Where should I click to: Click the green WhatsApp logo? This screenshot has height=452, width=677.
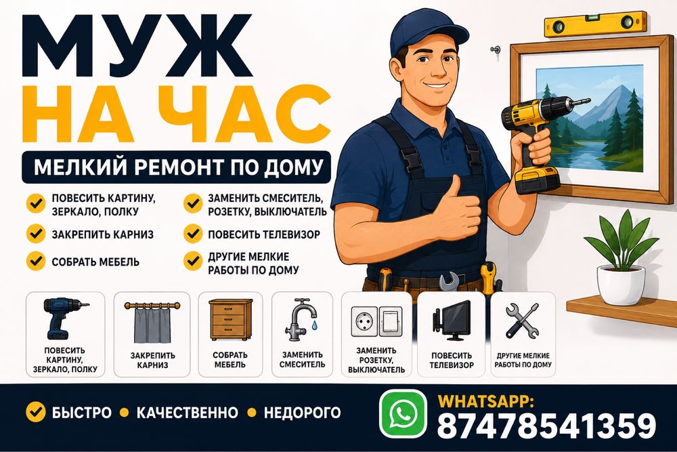click(403, 413)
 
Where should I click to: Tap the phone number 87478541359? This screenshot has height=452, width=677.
click(546, 426)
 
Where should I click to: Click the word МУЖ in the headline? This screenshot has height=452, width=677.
click(137, 46)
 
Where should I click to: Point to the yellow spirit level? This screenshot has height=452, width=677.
click(595, 24)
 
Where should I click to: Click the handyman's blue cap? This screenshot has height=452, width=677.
click(428, 32)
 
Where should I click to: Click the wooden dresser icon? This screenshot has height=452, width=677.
click(231, 320)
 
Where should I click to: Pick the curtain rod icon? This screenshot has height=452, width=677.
click(152, 322)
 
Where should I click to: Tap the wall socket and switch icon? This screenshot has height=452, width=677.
click(376, 321)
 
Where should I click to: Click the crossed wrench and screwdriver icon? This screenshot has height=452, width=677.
click(522, 321)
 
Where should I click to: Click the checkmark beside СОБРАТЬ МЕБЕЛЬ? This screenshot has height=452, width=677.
click(36, 261)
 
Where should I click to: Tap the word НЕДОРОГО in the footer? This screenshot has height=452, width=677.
click(302, 413)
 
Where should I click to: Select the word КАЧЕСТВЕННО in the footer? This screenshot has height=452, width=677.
click(187, 413)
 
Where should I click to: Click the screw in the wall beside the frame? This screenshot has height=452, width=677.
click(496, 50)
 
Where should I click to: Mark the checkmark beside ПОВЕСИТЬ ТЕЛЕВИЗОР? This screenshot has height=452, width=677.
click(192, 234)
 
